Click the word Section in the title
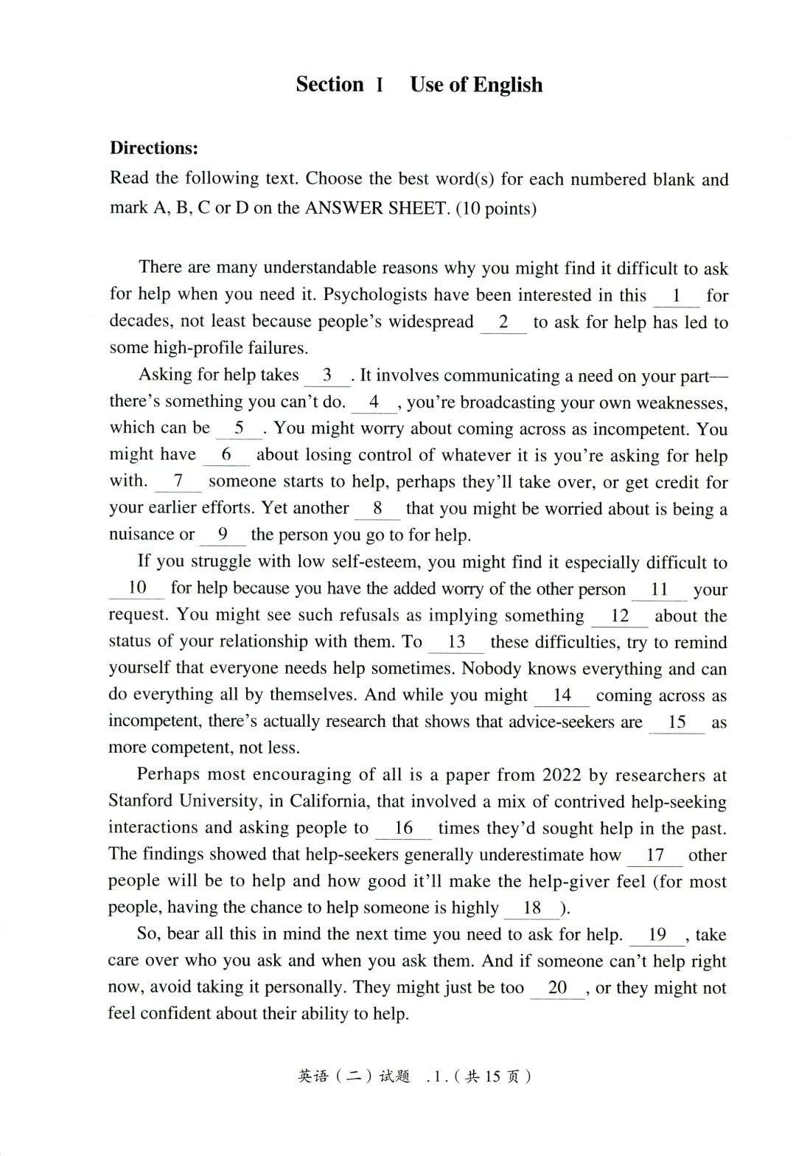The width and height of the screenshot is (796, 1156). coord(329,84)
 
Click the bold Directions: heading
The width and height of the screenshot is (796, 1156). coord(154,147)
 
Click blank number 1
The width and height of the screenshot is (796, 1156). coord(676,296)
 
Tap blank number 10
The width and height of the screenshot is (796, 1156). coord(137,588)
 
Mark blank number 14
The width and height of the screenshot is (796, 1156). coord(562,694)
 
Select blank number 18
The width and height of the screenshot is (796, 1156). coord(531,908)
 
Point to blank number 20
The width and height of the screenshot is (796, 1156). coord(557,987)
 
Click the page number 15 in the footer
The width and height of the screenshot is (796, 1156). coord(492,1076)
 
